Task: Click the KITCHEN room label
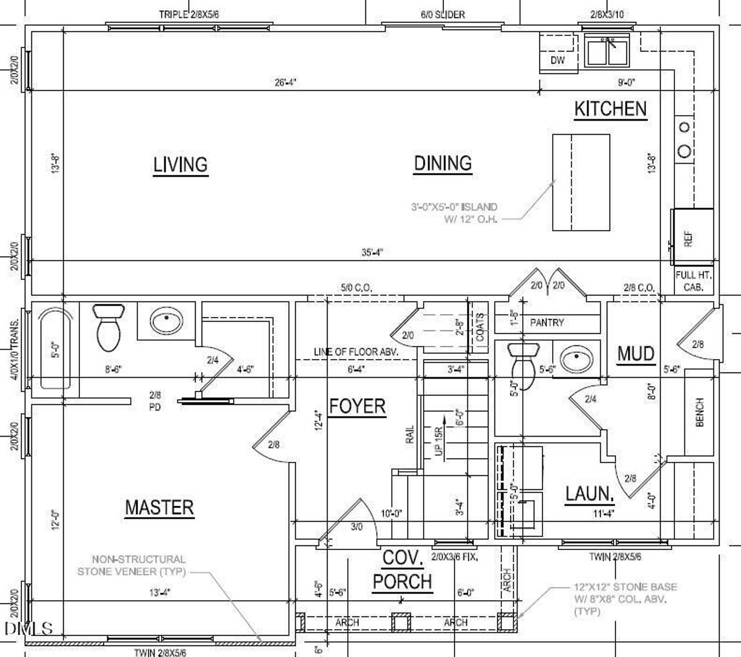point(610,109)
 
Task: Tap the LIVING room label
point(180,165)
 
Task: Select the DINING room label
point(443,163)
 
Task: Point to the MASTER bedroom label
point(159,507)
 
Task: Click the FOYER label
point(357,406)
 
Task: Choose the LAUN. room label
point(589,494)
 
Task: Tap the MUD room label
point(636,353)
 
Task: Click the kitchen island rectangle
point(581,182)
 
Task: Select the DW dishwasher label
point(557,60)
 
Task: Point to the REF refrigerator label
point(688,238)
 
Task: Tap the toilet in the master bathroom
point(108,328)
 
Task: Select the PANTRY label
point(546,323)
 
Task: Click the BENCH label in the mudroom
point(699,412)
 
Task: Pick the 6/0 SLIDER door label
point(442,14)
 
